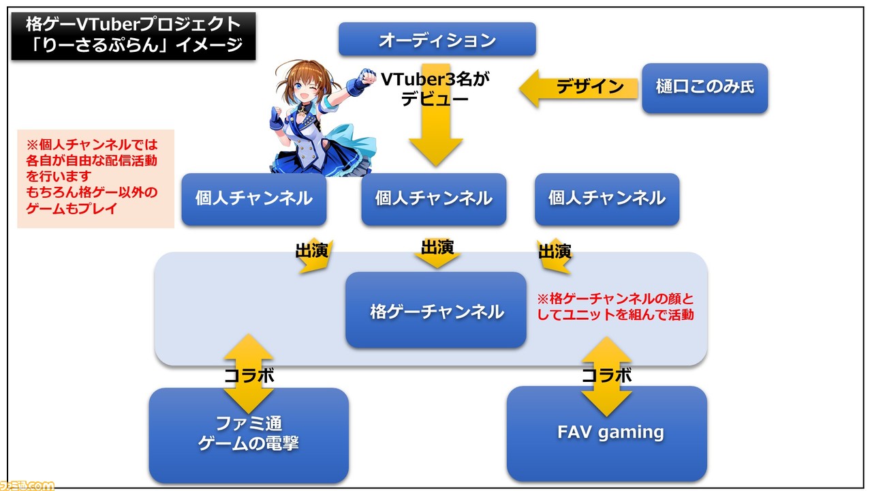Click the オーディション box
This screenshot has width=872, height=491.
coord(437,40)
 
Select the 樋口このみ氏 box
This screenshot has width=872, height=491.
coord(705,88)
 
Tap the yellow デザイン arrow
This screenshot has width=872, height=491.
coord(578,88)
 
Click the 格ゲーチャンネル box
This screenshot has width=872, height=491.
coord(436,310)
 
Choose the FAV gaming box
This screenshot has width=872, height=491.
coord(607,434)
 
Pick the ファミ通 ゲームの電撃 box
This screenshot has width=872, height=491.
coord(249,435)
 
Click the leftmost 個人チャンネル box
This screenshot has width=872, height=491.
coord(254,199)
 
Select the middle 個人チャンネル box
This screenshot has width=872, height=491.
coord(434,199)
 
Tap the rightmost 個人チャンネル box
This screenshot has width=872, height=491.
coord(607,199)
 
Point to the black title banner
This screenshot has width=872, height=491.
coord(134,36)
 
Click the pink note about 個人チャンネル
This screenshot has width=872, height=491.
coord(96,179)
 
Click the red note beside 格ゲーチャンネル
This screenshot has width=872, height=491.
coord(615,307)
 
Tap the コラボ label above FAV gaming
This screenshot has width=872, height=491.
coord(606,375)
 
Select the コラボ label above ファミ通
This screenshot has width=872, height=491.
coord(249,376)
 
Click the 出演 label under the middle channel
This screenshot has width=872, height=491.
coord(437,247)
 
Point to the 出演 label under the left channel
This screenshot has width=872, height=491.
coord(312,250)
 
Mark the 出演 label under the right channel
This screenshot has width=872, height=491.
coord(555,252)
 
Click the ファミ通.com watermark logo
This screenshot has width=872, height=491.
coord(27,486)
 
